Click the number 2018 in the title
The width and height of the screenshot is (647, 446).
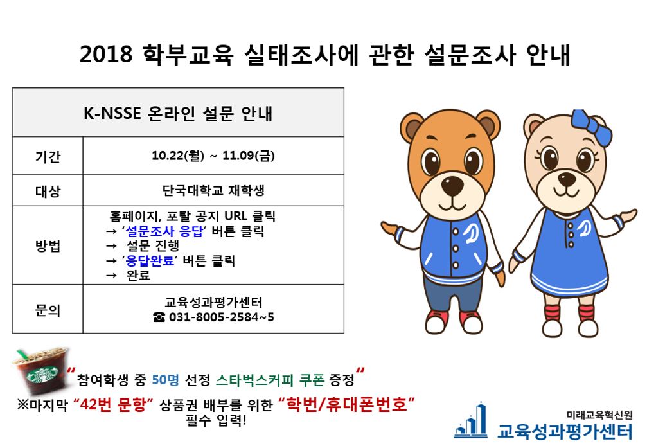pos(106,54)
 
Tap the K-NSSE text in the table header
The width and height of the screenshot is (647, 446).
pos(112,113)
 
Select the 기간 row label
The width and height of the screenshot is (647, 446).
pos(48,156)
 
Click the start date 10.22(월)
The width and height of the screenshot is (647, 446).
pos(178,156)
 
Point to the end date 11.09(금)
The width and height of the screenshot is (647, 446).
pos(249,156)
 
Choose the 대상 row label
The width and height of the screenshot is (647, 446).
pos(48,191)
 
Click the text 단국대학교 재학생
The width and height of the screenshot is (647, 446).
pos(213,190)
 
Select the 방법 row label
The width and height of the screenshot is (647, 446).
pos(48,246)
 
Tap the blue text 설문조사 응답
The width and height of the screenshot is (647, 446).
pos(164,231)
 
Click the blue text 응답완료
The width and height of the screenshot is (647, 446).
pos(150,261)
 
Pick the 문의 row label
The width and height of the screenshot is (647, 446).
pos(48,310)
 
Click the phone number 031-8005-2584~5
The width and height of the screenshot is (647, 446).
pos(222,317)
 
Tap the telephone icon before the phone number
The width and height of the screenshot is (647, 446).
pos(159,317)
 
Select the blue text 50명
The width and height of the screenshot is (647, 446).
pos(165,380)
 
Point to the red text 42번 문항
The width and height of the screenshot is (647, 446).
pos(113,404)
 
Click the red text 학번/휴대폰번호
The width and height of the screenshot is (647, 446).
pos(347,404)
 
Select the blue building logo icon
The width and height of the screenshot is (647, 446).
pos(471,421)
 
